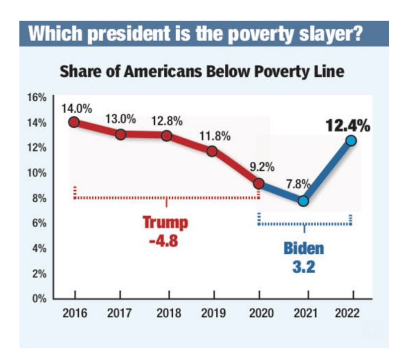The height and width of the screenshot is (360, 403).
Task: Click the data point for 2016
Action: point(74,122)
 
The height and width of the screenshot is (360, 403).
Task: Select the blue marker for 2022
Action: point(351,140)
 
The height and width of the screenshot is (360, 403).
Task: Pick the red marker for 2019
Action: point(212,151)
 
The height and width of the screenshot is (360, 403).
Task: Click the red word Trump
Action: point(165,223)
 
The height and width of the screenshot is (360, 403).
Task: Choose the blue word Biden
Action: point(304,249)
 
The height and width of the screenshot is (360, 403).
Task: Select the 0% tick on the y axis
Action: point(39,299)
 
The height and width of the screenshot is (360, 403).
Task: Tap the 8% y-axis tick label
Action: point(39,198)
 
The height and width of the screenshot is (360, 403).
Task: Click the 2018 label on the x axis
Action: point(169,314)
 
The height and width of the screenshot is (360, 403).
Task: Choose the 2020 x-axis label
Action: point(259,314)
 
